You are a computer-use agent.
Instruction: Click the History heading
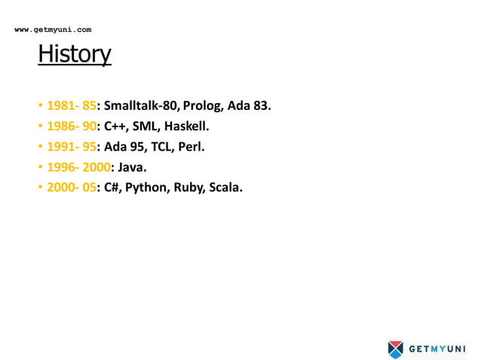tap(75, 54)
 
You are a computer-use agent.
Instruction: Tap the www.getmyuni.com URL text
tap(53, 29)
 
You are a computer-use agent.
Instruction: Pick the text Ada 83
tap(250, 105)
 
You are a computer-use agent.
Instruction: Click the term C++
tap(114, 126)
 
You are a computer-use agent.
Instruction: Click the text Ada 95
tap(122, 147)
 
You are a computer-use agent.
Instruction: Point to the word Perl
tap(191, 147)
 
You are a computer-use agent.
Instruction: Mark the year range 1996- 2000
tap(78, 167)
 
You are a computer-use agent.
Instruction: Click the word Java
tap(131, 167)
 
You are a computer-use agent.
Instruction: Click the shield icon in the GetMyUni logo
tap(396, 349)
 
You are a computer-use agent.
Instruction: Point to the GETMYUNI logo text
tap(437, 349)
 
